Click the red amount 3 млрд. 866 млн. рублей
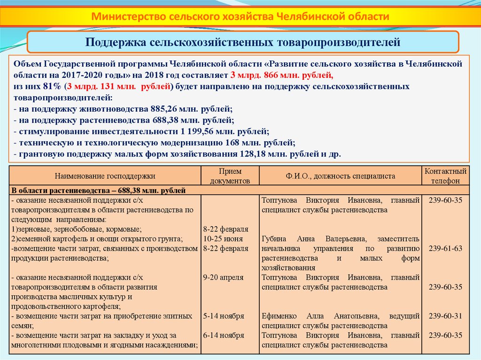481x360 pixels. click(282, 75)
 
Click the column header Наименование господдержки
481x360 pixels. click(105, 176)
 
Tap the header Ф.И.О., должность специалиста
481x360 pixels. click(341, 176)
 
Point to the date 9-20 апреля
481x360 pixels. click(223, 277)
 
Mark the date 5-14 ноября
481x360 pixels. click(224, 316)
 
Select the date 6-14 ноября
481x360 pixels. click(224, 335)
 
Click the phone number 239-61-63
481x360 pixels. click(445, 248)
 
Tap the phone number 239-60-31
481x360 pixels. click(445, 316)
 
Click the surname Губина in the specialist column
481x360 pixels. click(274, 239)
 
